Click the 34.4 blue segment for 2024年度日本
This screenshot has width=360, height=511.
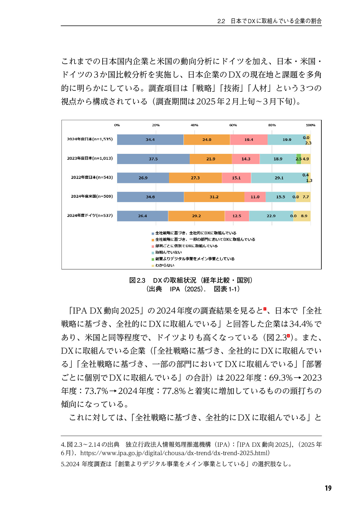tap(150, 140)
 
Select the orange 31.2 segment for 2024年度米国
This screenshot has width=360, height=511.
tap(214, 197)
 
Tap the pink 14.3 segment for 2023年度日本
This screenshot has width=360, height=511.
tap(246, 159)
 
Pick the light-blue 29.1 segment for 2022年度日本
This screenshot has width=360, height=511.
tap(279, 178)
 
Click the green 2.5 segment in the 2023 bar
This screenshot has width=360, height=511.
tap(299, 159)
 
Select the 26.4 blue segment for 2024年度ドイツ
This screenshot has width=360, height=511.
tap(142, 216)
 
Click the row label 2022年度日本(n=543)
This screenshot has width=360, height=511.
tap(92, 177)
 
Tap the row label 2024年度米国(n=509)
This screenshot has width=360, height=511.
tap(92, 196)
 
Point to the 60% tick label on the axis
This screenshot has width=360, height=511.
tap(233, 125)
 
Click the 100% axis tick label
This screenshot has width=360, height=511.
tap(310, 125)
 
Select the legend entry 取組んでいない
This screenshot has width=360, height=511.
tap(168, 252)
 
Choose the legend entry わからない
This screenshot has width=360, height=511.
tap(165, 265)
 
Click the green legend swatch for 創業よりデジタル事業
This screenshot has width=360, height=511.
tap(153, 259)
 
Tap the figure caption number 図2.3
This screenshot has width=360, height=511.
tap(137, 281)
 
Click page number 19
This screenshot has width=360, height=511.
tap(328, 488)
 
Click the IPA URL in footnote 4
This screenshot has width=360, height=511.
tap(175, 453)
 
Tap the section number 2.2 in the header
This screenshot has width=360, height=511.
tap(221, 21)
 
